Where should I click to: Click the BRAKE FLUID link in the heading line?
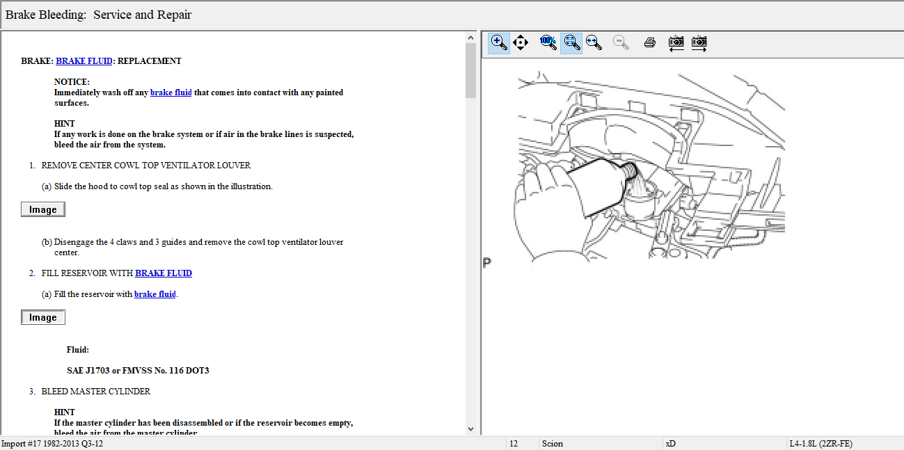point(84,61)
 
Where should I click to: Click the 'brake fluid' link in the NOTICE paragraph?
point(171,93)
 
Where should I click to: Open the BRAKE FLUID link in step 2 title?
point(164,273)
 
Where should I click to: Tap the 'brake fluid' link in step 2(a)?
point(155,294)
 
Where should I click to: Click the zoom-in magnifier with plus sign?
point(499,42)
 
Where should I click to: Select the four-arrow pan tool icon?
point(521,42)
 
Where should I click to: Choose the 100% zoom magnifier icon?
point(548,42)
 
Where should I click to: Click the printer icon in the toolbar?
point(650,42)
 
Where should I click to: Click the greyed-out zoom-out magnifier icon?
point(621,42)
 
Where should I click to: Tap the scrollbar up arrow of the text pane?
point(470,38)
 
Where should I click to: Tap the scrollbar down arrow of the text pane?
point(470,429)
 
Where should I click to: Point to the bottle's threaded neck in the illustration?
point(630,170)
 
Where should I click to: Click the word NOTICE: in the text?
point(72,82)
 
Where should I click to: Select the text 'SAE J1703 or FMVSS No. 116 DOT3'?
point(138,371)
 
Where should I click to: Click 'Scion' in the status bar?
point(553,444)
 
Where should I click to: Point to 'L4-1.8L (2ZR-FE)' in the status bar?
point(821,444)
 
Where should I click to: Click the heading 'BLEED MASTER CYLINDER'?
point(95,391)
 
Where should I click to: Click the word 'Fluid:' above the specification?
point(78,350)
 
